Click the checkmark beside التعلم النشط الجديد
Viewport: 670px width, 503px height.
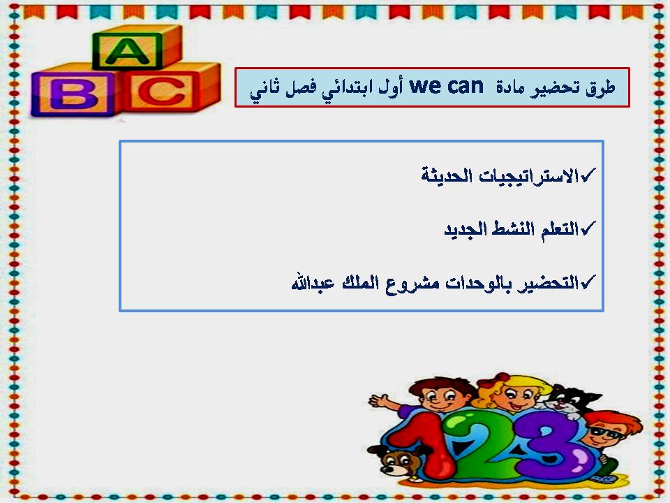pyautogui.click(x=588, y=228)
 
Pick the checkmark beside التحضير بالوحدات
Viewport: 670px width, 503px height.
pyautogui.click(x=588, y=283)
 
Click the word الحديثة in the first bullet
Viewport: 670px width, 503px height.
pyautogui.click(x=447, y=175)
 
